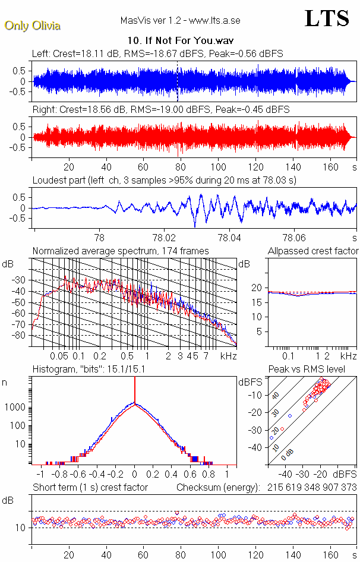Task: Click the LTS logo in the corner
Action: (x=327, y=18)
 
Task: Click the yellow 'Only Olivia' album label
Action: (x=33, y=26)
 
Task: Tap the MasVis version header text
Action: (x=180, y=21)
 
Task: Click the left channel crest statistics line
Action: (x=157, y=53)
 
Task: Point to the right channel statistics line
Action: (x=161, y=109)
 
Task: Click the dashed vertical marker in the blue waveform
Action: (x=178, y=81)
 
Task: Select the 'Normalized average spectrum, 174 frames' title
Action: (x=121, y=251)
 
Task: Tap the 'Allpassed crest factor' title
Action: (x=313, y=251)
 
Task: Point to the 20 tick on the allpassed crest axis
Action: (x=257, y=288)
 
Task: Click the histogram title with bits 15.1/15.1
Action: (x=93, y=370)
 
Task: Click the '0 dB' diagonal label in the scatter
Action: (x=289, y=454)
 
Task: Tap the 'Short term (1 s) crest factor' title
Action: (x=90, y=487)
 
